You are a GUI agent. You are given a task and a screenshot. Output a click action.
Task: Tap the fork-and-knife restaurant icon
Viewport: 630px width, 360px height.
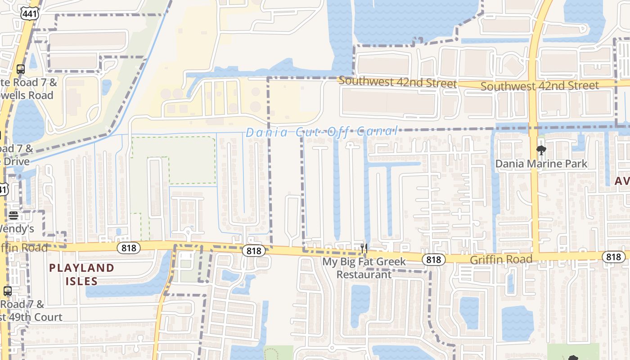coord(364,248)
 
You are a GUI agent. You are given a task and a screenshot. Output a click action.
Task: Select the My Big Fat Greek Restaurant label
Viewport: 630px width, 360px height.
coord(364,268)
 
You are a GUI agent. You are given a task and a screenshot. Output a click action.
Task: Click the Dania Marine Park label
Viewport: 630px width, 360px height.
coord(541,164)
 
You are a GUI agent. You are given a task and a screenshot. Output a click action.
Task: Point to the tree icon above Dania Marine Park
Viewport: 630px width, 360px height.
coord(541,150)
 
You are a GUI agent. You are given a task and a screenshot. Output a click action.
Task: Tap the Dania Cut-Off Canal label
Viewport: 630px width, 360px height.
coord(322,132)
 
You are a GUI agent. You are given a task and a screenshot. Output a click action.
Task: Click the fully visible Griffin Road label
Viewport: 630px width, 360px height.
coord(501,260)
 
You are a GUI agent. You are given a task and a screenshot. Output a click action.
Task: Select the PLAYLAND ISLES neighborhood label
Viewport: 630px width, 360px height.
coord(81,274)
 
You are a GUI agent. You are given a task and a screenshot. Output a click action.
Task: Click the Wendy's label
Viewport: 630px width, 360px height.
coord(16,229)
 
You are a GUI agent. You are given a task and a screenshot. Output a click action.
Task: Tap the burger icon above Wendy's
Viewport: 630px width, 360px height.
coord(13,215)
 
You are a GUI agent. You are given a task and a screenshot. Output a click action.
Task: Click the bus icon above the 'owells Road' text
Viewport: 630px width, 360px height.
coord(21,69)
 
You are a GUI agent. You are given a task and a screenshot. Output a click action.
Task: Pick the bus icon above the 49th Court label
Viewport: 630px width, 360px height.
coord(8,291)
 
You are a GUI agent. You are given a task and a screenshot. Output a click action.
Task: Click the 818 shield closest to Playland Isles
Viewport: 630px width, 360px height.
coord(129,247)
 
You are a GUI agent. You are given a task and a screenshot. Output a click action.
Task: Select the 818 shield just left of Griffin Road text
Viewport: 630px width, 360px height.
coord(434,259)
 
